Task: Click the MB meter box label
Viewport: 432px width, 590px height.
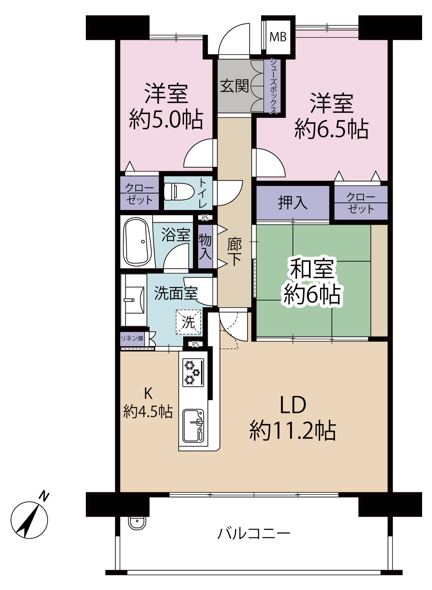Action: point(278,37)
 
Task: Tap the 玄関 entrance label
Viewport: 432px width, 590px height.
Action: point(235,86)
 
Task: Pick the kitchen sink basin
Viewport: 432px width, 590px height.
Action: point(193,425)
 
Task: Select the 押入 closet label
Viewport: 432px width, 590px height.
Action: point(293,203)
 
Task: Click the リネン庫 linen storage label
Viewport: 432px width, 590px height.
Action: point(132,338)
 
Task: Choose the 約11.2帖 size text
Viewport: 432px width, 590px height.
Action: point(293,431)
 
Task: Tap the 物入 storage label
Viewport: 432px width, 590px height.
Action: point(205,246)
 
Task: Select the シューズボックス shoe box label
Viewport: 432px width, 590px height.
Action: point(274,87)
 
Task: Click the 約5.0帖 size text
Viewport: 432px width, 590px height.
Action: point(166,119)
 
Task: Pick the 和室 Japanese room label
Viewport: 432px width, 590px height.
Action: point(313,269)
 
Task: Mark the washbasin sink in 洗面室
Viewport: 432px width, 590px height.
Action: point(134,300)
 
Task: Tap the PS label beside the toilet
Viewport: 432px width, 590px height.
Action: point(205,218)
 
